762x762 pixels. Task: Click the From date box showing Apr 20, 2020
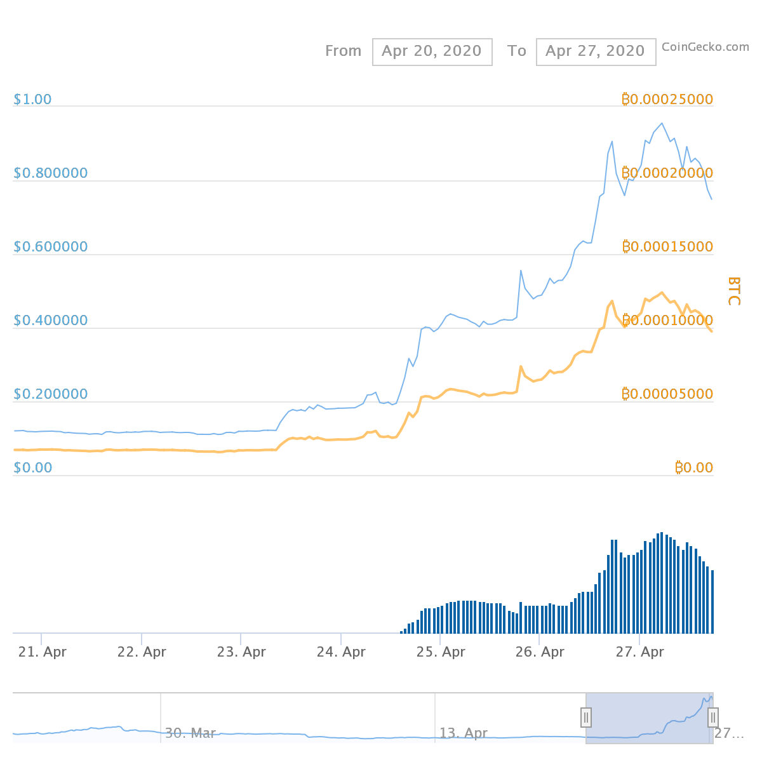point(432,51)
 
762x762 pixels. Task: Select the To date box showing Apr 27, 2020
point(596,51)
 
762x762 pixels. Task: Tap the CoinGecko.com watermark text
point(705,46)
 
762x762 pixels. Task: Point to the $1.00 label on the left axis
point(32,99)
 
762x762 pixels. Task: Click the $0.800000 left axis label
point(51,173)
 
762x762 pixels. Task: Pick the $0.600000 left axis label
point(51,246)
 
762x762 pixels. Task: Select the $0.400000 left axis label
point(51,320)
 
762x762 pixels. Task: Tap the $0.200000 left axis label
point(51,394)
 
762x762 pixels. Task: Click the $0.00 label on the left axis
point(32,467)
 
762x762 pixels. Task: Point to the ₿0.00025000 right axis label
point(667,99)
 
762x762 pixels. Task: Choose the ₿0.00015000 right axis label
point(667,246)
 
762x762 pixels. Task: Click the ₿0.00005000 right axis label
point(667,394)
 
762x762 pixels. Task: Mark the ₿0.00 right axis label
point(693,467)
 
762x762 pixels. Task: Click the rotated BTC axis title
point(733,291)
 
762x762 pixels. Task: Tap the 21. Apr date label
point(42,652)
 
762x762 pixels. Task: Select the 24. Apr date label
point(341,652)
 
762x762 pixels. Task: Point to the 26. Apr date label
point(540,652)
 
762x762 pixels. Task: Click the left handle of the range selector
point(586,718)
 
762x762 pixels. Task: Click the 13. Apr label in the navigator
point(463,733)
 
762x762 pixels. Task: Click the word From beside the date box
point(343,51)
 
